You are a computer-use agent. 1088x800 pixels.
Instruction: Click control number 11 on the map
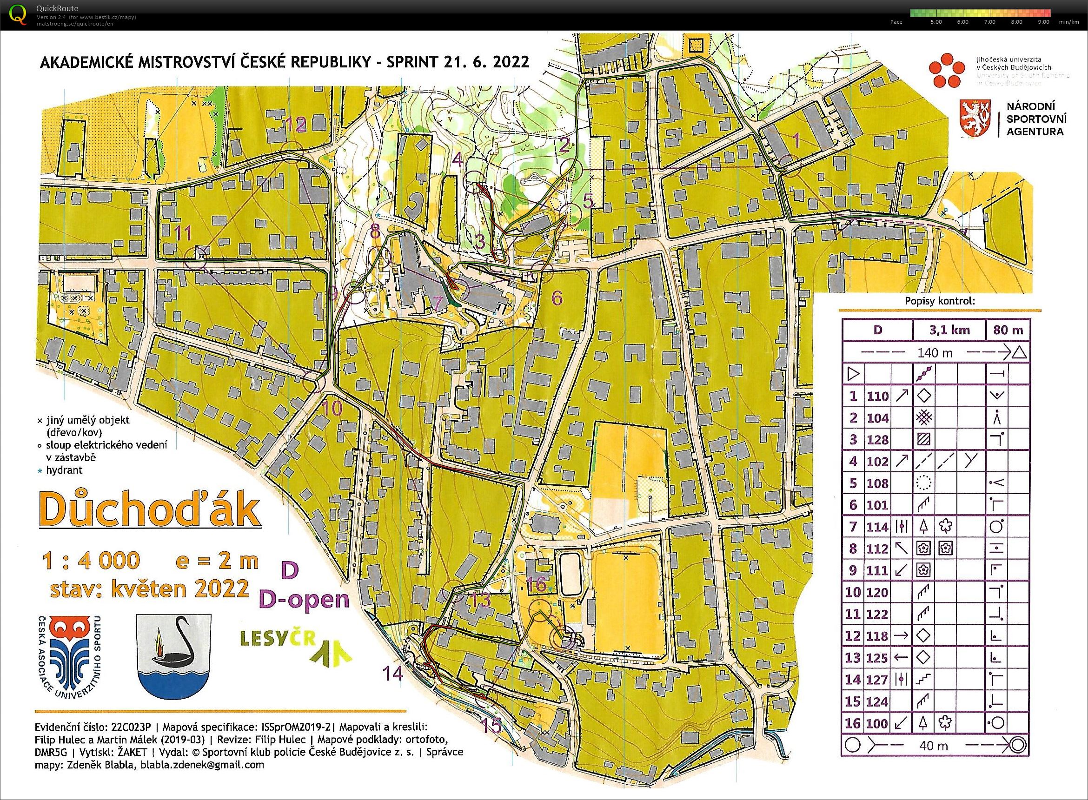[x=183, y=233]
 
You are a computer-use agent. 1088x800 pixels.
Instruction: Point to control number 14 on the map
[x=392, y=673]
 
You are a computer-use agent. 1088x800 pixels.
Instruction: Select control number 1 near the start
[x=796, y=140]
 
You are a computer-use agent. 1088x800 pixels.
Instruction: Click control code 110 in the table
[x=877, y=396]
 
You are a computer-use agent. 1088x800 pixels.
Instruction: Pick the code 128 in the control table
[x=877, y=440]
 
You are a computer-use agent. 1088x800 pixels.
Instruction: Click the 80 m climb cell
[x=1008, y=330]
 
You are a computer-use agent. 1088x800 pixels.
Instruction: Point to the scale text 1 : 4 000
[x=91, y=561]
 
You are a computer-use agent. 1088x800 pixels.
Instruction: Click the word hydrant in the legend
[x=65, y=470]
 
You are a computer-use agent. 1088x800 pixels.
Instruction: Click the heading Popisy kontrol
[x=939, y=301]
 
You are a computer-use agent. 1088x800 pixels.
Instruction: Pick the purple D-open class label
[x=304, y=600]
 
